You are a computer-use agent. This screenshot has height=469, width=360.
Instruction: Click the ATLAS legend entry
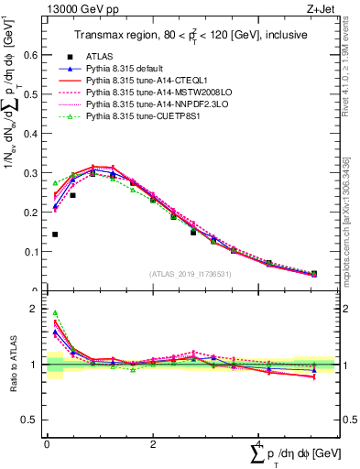pos(102,56)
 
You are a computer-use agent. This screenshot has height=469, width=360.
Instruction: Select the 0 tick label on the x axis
pos(46,444)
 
